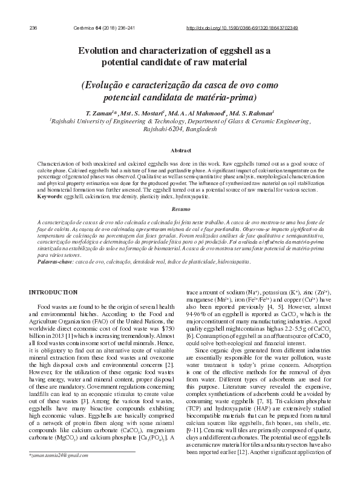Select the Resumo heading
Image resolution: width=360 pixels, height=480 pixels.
[180, 208]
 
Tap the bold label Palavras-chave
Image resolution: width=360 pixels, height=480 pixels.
[56, 262]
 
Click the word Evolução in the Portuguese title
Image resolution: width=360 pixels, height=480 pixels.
[108, 85]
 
